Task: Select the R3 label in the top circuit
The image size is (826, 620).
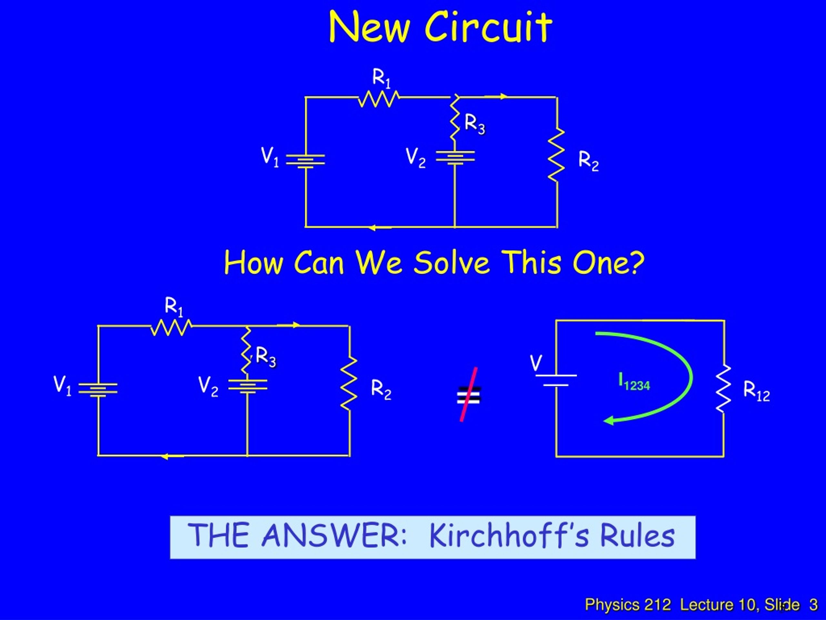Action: pos(475,124)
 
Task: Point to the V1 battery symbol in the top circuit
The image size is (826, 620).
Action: pos(306,161)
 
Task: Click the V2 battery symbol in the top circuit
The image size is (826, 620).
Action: pos(455,157)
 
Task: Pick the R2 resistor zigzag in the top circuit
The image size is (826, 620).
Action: pos(556,155)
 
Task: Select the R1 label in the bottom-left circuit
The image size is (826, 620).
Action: pos(174,307)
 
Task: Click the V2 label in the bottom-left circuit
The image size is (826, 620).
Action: pos(208,387)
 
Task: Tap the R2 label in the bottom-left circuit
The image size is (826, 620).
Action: pos(381,389)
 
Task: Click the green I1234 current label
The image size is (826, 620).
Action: pos(634,382)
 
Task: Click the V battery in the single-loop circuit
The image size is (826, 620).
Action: pos(556,380)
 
